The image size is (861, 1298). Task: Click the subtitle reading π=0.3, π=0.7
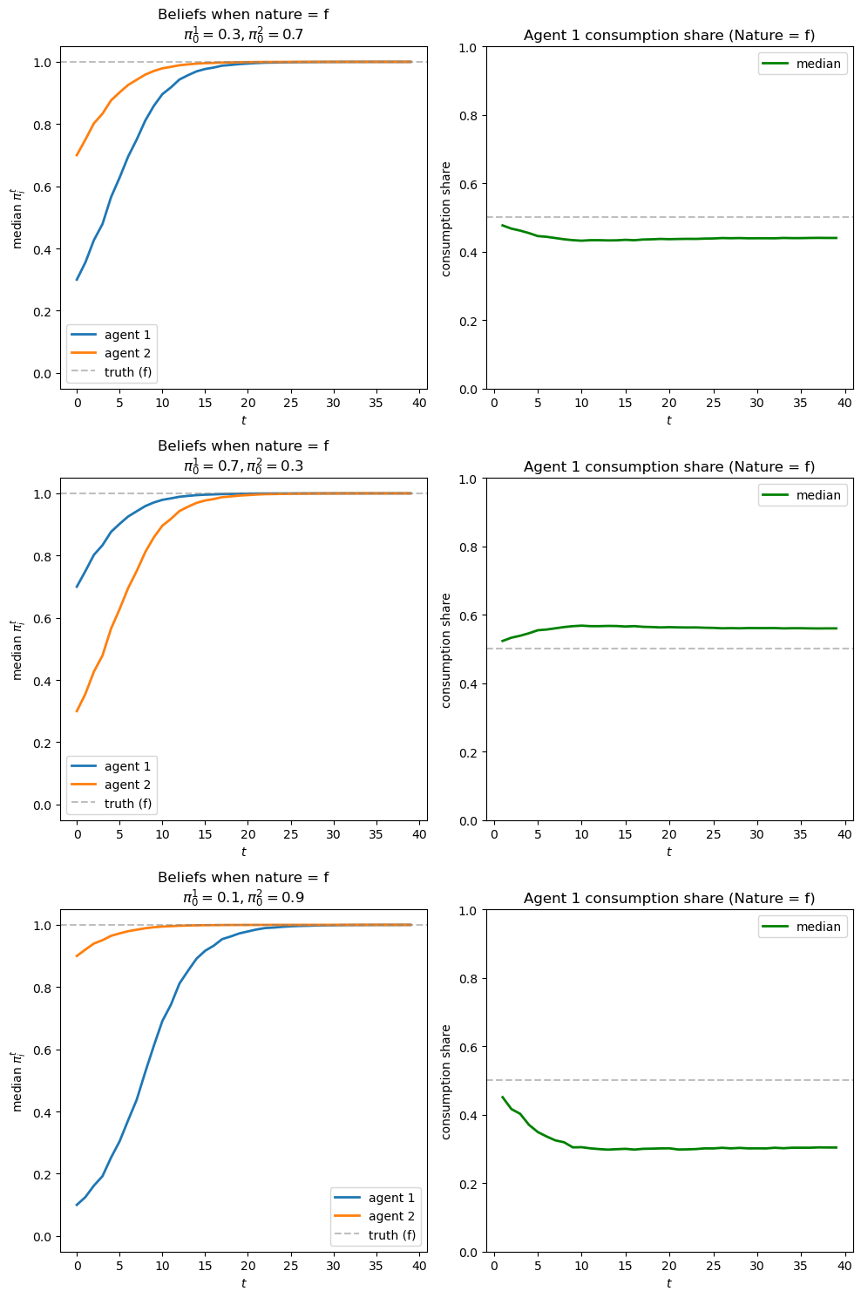coord(243,35)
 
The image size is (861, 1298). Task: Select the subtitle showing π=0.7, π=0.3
coord(243,466)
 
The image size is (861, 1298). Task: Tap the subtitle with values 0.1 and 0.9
coord(243,898)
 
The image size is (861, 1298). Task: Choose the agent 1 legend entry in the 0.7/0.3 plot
coord(127,766)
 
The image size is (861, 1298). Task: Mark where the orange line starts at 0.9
coord(77,956)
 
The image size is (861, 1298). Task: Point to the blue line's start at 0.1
coord(77,1205)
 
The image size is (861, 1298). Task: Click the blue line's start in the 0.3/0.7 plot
coord(77,280)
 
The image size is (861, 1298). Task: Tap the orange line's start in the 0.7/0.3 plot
coord(77,711)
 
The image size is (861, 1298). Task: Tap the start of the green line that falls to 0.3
coord(503,1097)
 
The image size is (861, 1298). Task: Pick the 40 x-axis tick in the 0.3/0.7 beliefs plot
coord(419,403)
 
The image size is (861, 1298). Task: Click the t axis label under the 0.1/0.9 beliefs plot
coord(243,1283)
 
